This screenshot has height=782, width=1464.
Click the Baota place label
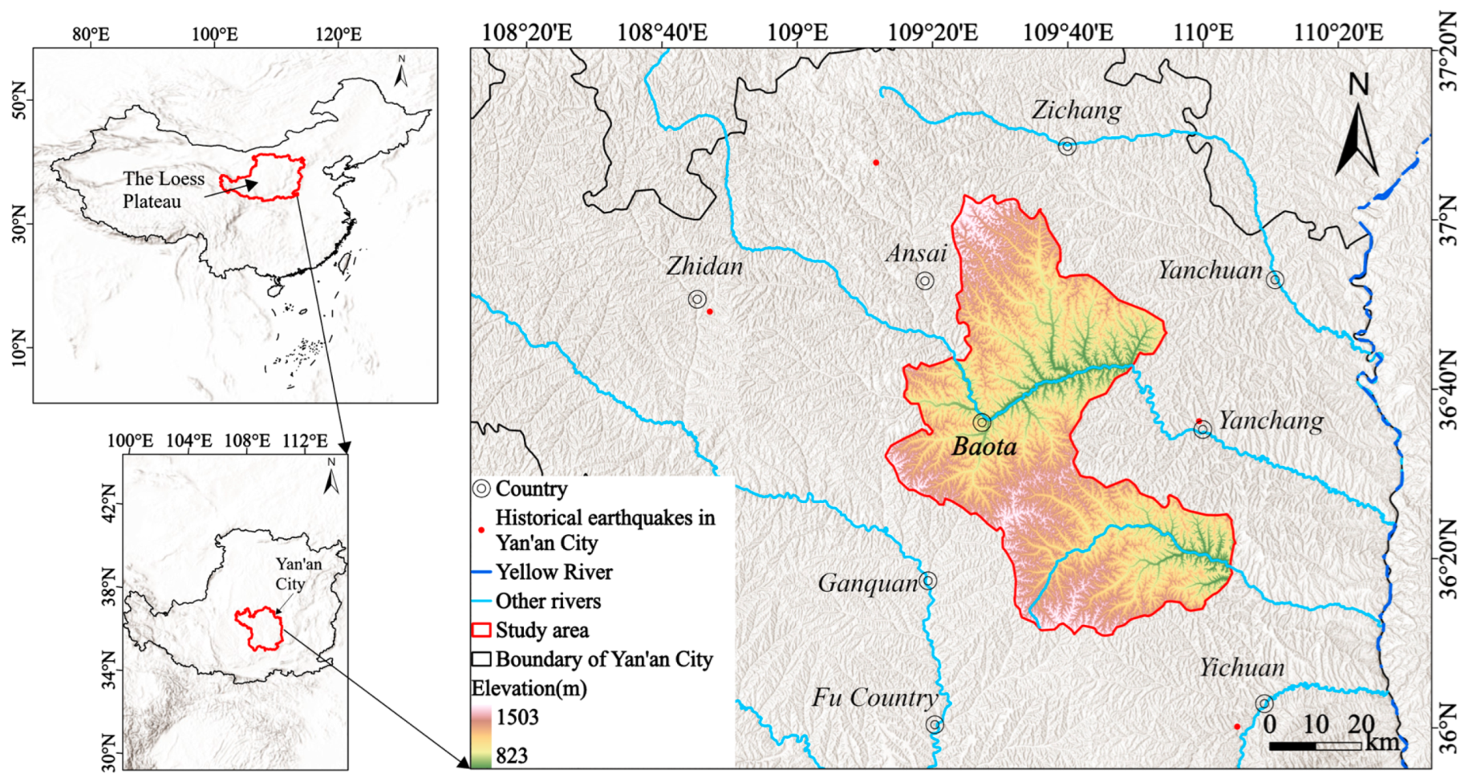pyautogui.click(x=983, y=447)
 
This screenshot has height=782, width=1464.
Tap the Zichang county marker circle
pyautogui.click(x=1067, y=146)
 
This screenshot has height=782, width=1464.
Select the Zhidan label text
pyautogui.click(x=704, y=266)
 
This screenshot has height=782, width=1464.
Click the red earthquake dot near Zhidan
pyautogui.click(x=709, y=311)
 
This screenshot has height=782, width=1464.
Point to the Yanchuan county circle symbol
pyautogui.click(x=1275, y=280)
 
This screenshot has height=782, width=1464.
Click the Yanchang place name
pyautogui.click(x=1271, y=420)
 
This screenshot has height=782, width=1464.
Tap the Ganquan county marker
pyautogui.click(x=928, y=581)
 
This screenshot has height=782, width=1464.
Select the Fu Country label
pyautogui.click(x=874, y=697)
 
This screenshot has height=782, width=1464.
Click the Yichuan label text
pyautogui.click(x=1242, y=667)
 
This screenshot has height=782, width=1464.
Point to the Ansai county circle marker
pyautogui.click(x=925, y=281)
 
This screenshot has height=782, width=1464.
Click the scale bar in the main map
pyautogui.click(x=1316, y=746)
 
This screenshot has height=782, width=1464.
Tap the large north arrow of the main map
pyautogui.click(x=1357, y=128)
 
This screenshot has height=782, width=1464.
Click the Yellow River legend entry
pyautogui.click(x=554, y=572)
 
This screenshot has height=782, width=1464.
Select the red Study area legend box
pyautogui.click(x=481, y=630)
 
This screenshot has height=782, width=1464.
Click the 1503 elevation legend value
pyautogui.click(x=517, y=717)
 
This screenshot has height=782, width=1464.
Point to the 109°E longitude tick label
pyautogui.click(x=797, y=33)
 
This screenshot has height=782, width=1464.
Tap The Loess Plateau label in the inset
pyautogui.click(x=164, y=190)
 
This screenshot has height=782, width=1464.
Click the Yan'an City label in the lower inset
pyautogui.click(x=298, y=573)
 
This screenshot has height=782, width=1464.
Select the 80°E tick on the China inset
pyautogui.click(x=91, y=34)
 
